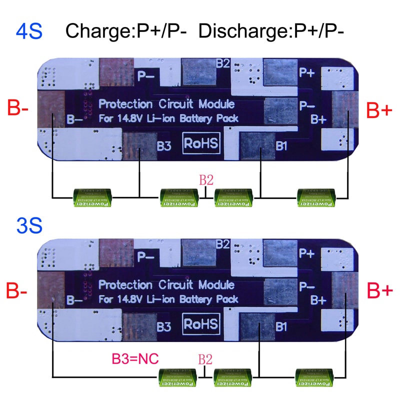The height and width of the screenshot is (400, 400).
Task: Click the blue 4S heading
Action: [x=29, y=31]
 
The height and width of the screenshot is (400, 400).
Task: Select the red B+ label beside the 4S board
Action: [x=379, y=109]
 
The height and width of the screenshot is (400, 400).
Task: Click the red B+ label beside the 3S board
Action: [x=379, y=290]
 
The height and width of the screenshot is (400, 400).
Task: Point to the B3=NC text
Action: [x=135, y=358]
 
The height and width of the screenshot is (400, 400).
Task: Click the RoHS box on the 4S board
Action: [x=201, y=143]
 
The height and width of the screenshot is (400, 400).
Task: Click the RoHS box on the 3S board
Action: [x=201, y=323]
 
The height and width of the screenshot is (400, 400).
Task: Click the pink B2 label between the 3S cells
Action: [x=205, y=359]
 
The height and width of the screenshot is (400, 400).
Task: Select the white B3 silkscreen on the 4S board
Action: [x=164, y=146]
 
